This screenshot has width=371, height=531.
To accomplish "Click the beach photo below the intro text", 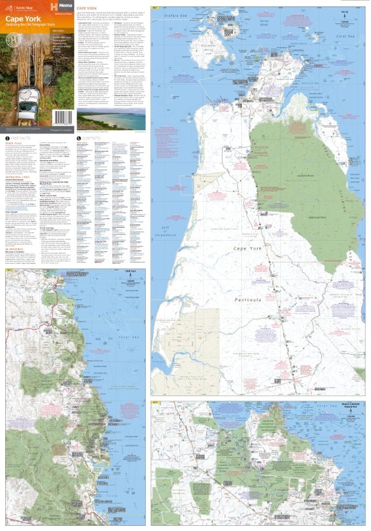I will pyautogui.click(x=110, y=119).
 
